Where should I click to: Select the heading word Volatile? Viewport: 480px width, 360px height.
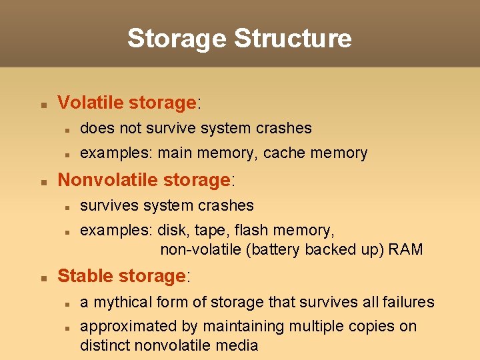91,103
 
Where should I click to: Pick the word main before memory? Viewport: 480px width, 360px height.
174,153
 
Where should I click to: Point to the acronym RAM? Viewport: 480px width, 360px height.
407,250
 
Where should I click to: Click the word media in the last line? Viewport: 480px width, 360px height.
239,345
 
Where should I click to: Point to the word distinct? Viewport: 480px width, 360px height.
105,345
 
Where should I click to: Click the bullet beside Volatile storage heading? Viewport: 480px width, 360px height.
43,105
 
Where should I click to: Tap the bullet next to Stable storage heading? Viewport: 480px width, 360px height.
43,278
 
